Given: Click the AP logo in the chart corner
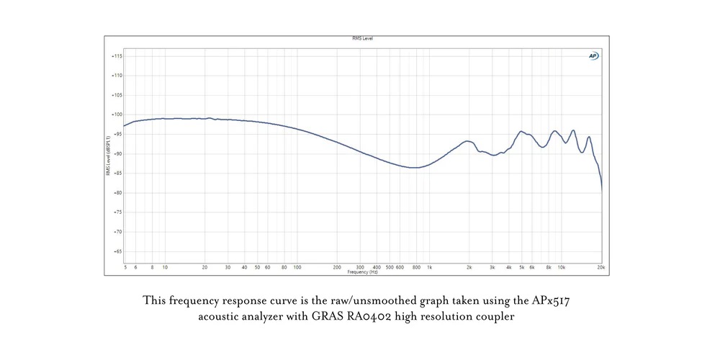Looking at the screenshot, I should pyautogui.click(x=593, y=55).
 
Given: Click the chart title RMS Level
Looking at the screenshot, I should pyautogui.click(x=362, y=38).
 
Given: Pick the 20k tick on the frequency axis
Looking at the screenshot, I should pyautogui.click(x=601, y=267).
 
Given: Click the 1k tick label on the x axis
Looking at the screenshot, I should pyautogui.click(x=430, y=267).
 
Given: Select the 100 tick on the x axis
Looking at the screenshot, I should pyautogui.click(x=297, y=267).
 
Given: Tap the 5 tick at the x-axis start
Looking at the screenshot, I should pyautogui.click(x=125, y=267).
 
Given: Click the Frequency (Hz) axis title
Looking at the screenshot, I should pyautogui.click(x=362, y=272).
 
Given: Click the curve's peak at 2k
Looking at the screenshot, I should pyautogui.click(x=468, y=141).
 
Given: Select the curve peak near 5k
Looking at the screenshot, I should pyautogui.click(x=521, y=132).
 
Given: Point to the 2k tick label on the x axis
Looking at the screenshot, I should pyautogui.click(x=469, y=267).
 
